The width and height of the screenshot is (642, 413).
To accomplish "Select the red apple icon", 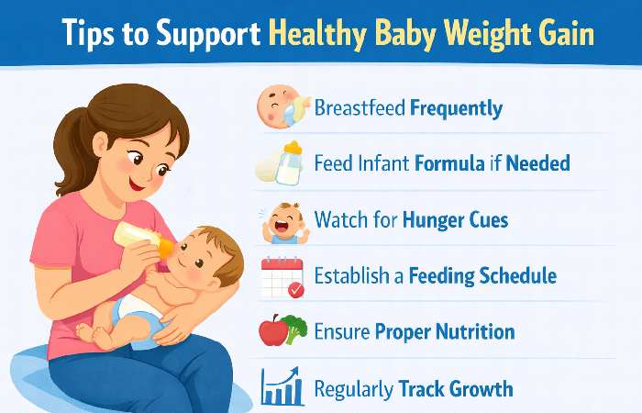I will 272,331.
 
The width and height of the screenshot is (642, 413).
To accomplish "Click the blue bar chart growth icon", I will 282,386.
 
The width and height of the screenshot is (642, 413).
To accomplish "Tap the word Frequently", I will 456,108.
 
